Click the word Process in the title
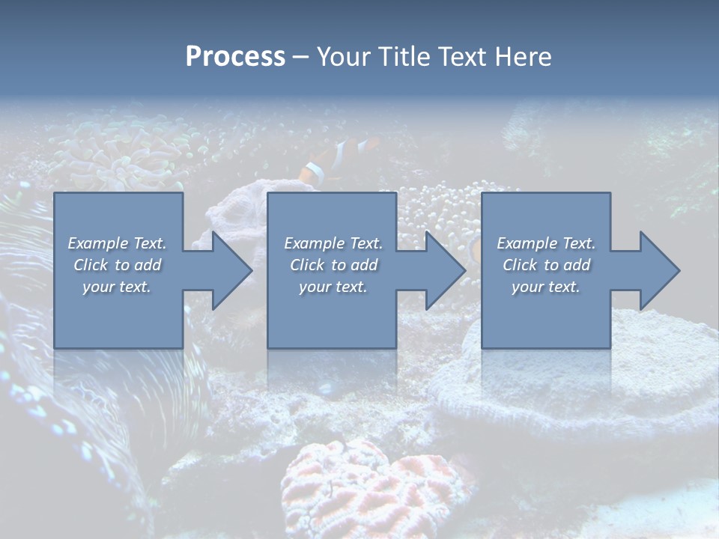(235, 57)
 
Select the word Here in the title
(523, 57)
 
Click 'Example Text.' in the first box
(117, 243)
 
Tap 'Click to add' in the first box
(117, 265)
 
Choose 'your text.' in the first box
(117, 287)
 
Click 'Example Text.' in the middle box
(333, 243)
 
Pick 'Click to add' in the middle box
(333, 265)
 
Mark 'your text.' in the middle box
(333, 287)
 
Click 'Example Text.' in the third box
(546, 243)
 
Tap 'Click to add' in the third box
(546, 265)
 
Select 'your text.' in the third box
(546, 287)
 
